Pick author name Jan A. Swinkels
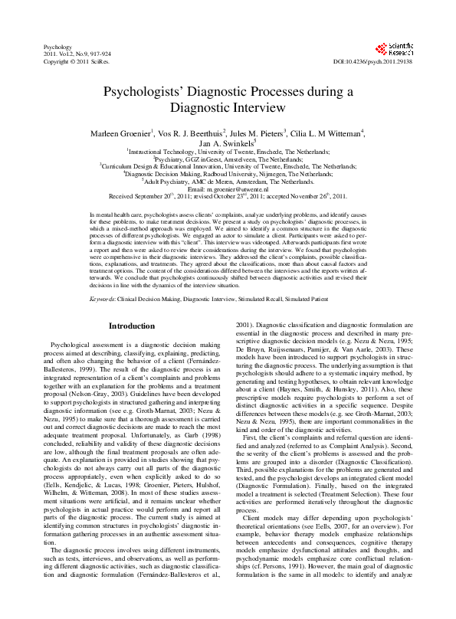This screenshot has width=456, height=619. [227, 143]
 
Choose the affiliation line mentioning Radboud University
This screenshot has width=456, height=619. [228, 174]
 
